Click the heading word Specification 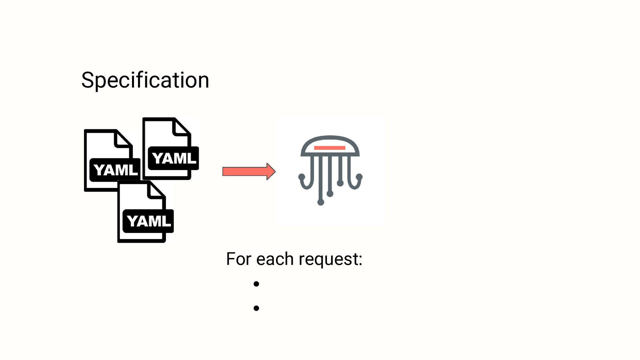tap(145, 80)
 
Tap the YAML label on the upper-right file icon tap(173, 158)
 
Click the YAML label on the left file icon tap(115, 170)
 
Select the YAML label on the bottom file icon tap(148, 221)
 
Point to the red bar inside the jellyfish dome tap(330, 148)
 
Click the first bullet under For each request tap(256, 284)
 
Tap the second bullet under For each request tap(256, 308)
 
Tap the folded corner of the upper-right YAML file tap(182, 128)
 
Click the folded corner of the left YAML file tap(124, 139)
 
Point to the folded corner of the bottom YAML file tap(157, 190)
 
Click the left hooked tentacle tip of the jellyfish tap(302, 177)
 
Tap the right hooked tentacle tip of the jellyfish tap(359, 177)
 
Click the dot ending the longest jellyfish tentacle tap(321, 202)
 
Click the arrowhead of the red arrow tap(271, 172)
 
